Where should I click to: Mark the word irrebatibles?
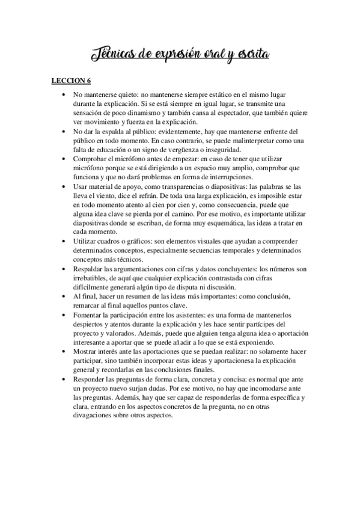tap(91, 278)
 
